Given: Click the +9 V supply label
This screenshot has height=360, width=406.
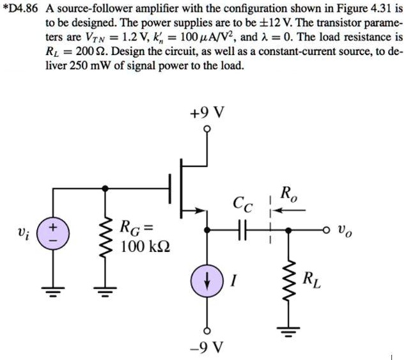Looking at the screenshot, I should (207, 113).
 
